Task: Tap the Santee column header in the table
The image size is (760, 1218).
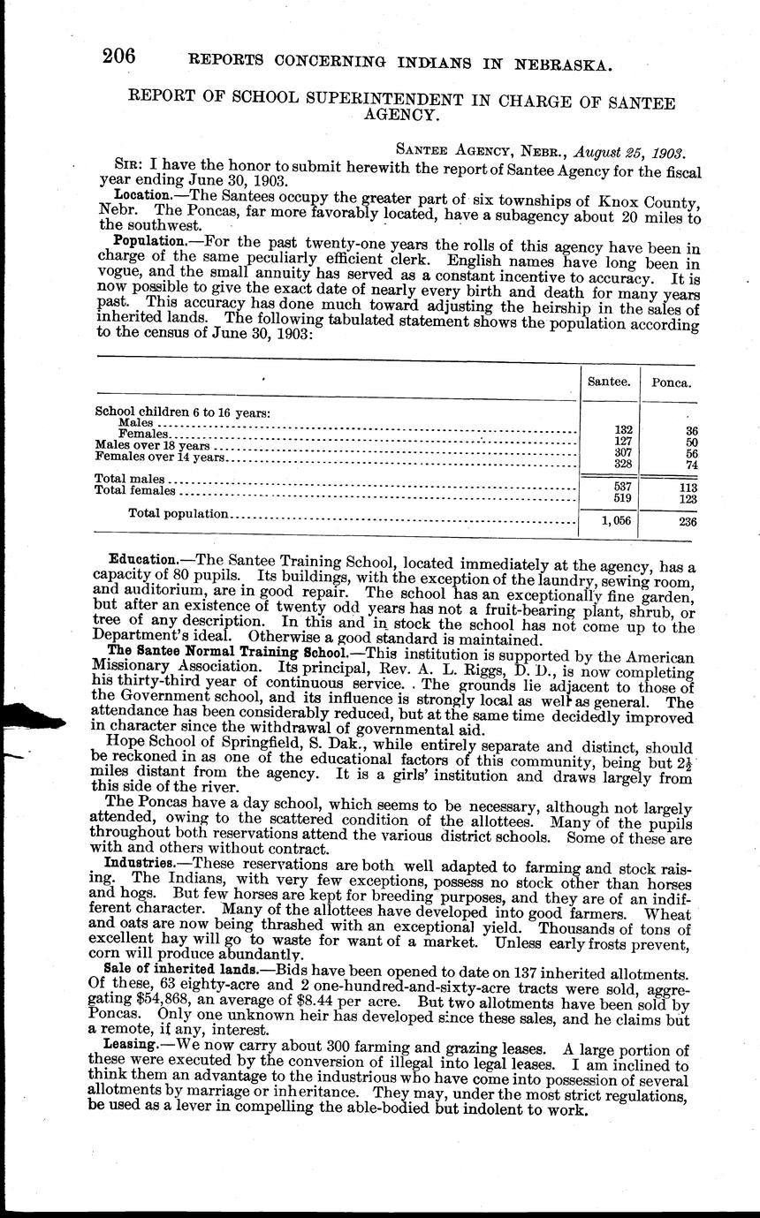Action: pos(609,382)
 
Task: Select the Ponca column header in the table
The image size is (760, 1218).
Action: pos(671,382)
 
